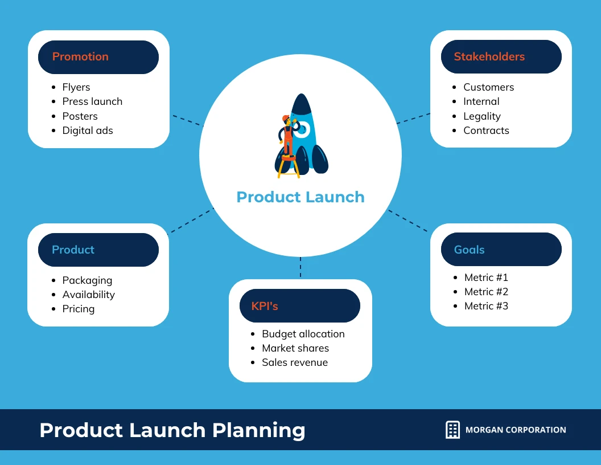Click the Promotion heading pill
[x=98, y=57]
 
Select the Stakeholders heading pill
[x=501, y=57]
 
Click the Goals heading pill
[x=501, y=250]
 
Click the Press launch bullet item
[x=92, y=101]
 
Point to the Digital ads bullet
[x=88, y=130]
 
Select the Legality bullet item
[x=482, y=116]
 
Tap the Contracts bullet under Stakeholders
[x=486, y=130]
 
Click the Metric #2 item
[x=486, y=292]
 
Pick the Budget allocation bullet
[x=303, y=334]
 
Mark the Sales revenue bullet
[x=295, y=362]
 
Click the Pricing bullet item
[x=79, y=309]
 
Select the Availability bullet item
[x=89, y=295]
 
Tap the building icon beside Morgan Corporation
[x=452, y=430]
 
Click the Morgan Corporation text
[x=516, y=430]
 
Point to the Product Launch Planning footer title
[x=172, y=430]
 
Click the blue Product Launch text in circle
[x=300, y=197]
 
